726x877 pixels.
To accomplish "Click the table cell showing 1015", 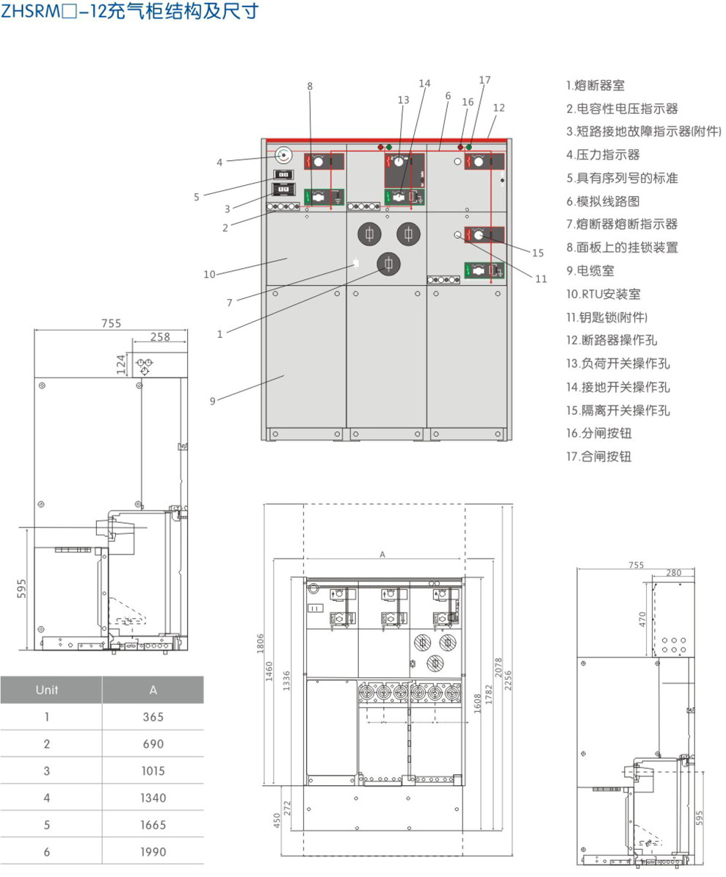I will pyautogui.click(x=153, y=770).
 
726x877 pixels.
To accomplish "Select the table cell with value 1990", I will pyautogui.click(x=153, y=851).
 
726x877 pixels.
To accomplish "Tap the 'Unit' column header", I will pyautogui.click(x=47, y=690).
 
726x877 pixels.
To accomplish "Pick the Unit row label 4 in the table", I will pyautogui.click(x=47, y=798).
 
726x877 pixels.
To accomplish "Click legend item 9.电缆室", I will pyautogui.click(x=590, y=270).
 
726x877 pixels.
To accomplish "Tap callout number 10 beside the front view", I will pyautogui.click(x=211, y=275).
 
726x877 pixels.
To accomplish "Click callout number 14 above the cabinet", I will pyautogui.click(x=424, y=84).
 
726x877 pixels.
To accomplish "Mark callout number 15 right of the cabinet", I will pyautogui.click(x=538, y=253).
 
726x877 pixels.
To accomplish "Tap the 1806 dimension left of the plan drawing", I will pyautogui.click(x=260, y=642).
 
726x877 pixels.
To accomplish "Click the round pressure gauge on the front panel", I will pyautogui.click(x=284, y=155).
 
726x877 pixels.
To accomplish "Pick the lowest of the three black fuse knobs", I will pyautogui.click(x=388, y=264).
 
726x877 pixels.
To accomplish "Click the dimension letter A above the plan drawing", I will pyautogui.click(x=382, y=555).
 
